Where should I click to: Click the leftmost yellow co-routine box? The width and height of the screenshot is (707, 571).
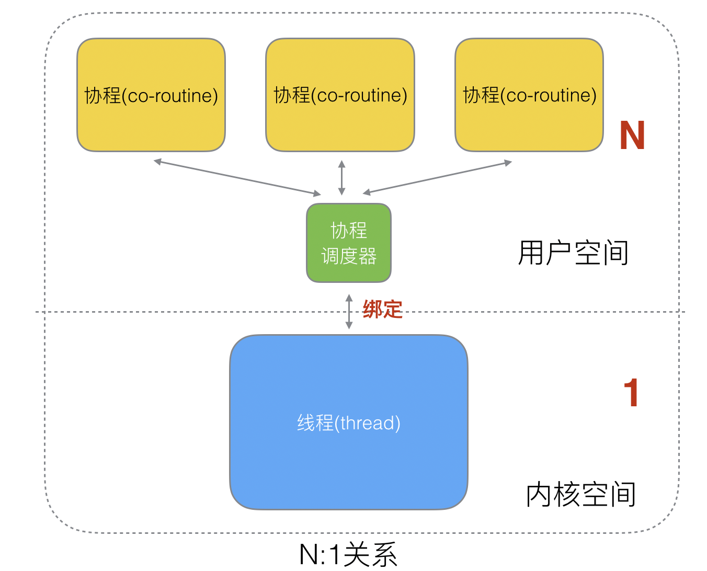coord(151,125)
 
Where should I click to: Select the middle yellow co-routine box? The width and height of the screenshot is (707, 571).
coord(340,125)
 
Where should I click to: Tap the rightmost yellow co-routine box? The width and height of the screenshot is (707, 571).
coord(529,125)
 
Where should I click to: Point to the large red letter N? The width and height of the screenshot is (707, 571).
coord(632,136)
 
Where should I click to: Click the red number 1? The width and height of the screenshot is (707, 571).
coord(631,393)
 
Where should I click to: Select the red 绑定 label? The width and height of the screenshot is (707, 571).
coord(382,310)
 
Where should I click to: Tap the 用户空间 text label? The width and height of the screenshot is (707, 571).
coord(573,253)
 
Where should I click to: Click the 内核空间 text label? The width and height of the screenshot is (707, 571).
coord(580,495)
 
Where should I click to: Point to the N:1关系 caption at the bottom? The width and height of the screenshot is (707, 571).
coord(348,555)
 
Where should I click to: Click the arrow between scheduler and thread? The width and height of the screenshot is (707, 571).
coord(349,312)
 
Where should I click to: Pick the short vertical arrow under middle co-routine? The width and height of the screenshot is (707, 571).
coord(341,178)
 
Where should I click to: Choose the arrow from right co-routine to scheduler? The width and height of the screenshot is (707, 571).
coord(437,178)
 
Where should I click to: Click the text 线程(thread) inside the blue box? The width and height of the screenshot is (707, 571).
coord(349,422)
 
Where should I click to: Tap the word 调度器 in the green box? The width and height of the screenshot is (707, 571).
coord(349,256)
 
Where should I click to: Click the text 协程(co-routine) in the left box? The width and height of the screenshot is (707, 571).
coord(151,96)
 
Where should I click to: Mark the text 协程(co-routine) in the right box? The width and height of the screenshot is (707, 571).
coord(529,95)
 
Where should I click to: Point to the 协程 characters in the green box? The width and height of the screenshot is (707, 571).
coord(349,230)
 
